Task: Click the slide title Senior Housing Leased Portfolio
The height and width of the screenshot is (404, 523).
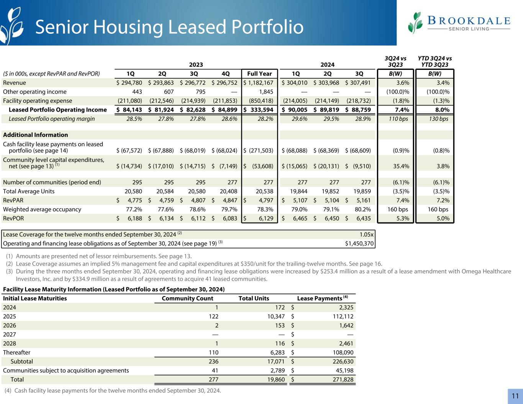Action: (169, 27)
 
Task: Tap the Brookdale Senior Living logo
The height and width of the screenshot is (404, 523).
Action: (459, 23)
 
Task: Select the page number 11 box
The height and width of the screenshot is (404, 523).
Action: (515, 396)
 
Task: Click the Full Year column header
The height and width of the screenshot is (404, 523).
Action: (259, 74)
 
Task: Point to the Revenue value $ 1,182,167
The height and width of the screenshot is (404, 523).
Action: (259, 83)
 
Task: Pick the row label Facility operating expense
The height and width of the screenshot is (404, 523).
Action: (38, 101)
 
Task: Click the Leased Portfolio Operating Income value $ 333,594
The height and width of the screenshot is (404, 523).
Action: (259, 110)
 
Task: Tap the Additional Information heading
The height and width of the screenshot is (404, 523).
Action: (35, 135)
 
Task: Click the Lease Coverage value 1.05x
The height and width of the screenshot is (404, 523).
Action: (366, 234)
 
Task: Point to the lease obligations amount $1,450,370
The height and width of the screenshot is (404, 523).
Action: (359, 243)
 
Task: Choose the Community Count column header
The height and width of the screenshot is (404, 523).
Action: (187, 298)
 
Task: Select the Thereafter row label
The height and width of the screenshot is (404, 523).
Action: (16, 352)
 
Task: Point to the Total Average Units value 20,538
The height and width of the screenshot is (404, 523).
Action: (263, 191)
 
